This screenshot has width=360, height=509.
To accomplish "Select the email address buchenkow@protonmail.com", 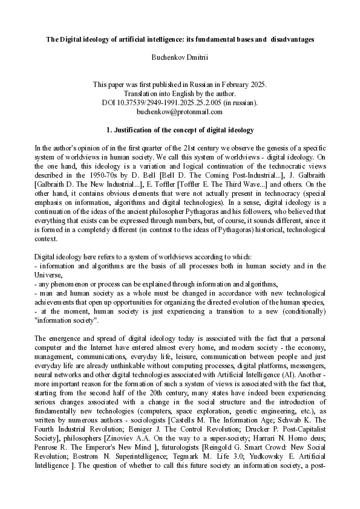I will tap(180, 112).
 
